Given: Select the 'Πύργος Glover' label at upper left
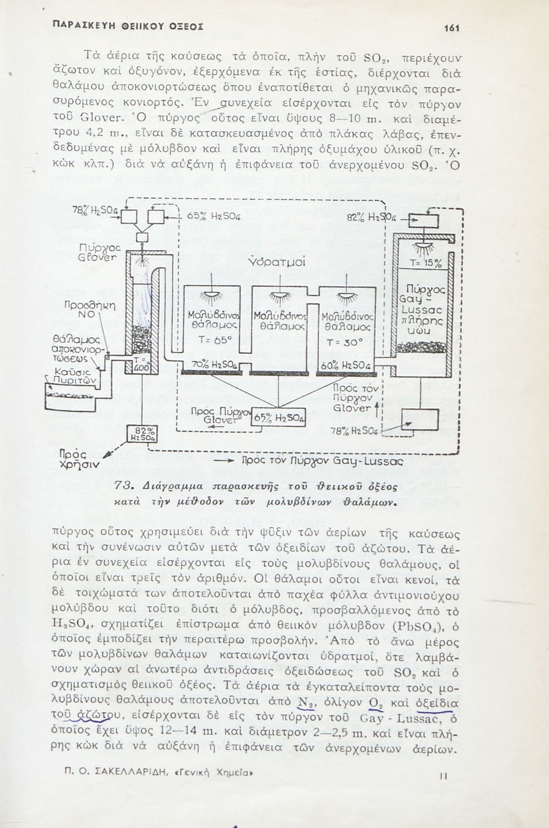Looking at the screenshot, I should [x=98, y=253].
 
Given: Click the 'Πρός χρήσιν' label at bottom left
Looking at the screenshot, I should [x=78, y=459].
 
